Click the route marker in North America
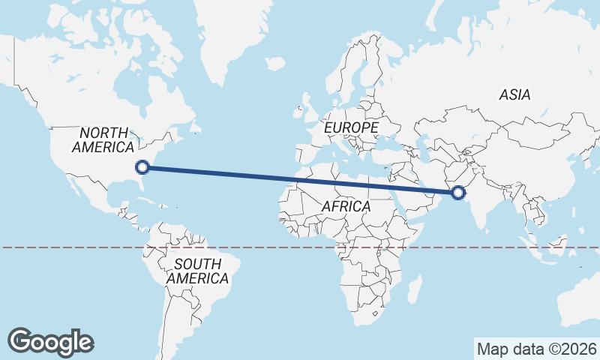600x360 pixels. pos(142,167)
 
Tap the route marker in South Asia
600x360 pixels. pos(458,193)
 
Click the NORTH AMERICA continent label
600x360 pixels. pos(103,139)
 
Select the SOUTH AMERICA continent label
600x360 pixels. pos(197,271)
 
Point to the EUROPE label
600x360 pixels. pos(351,128)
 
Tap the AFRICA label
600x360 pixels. pos(346,205)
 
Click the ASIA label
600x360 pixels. pos(514,94)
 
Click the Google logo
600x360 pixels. pos(50,341)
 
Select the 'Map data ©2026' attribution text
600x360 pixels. pos(536,349)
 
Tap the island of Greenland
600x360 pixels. pos(232,37)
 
